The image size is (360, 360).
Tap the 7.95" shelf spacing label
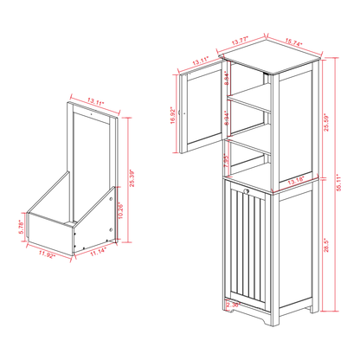(226, 162)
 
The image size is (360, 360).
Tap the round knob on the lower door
(247, 192)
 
